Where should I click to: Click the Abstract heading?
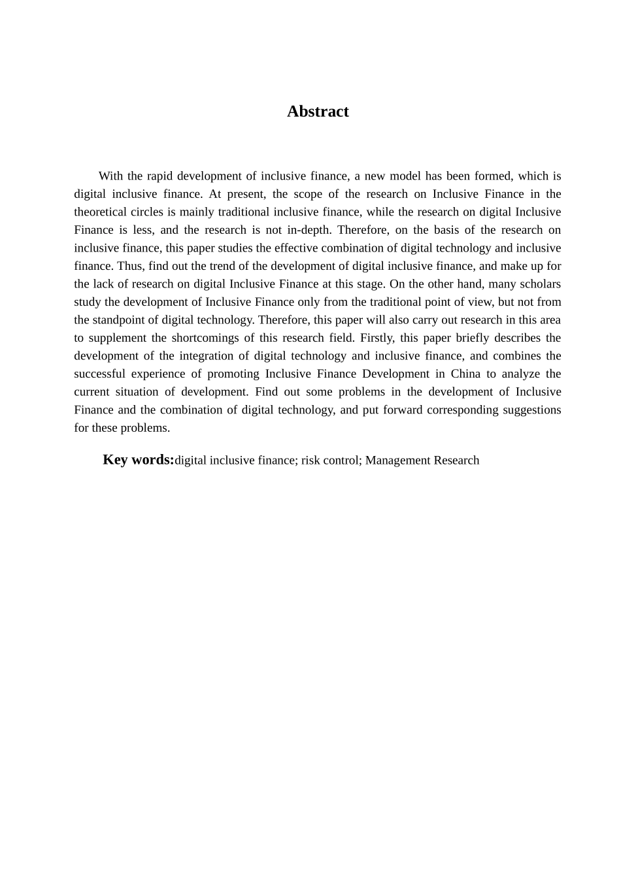[318, 112]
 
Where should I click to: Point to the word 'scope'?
[308, 194]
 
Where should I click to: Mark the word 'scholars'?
[539, 284]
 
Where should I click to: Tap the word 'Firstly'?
[377, 338]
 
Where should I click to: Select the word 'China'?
[465, 374]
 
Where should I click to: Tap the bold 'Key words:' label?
[139, 460]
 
